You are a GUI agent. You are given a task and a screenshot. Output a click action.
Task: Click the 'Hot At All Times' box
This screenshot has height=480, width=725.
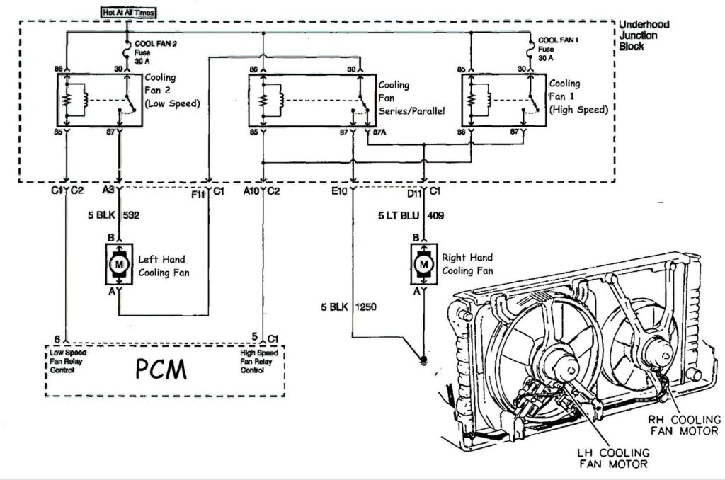pos(128,13)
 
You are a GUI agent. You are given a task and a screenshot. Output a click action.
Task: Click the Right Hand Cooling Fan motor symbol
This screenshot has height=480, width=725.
pos(424,264)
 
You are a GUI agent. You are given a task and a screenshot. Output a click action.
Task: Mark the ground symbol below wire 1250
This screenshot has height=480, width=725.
pos(423,359)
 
